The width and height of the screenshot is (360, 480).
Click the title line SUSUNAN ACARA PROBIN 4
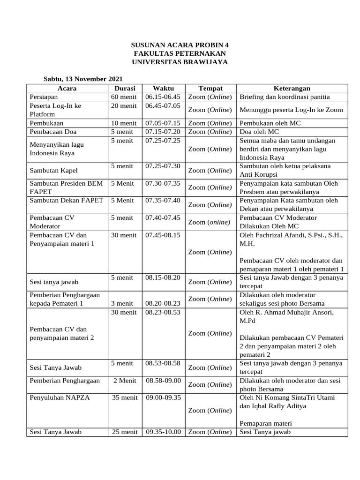180,45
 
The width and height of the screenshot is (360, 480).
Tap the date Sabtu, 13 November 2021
83,79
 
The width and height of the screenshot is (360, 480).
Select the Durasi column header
125,88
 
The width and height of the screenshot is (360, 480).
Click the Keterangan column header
292,88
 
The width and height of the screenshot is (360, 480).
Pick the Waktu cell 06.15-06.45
163,97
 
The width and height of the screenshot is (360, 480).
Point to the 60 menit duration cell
124,97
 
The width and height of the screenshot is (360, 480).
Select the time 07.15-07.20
163,132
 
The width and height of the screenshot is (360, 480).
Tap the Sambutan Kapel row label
52,170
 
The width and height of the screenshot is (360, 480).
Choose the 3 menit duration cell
124,303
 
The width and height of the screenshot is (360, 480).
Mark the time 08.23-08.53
163,312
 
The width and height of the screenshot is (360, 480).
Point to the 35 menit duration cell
125,398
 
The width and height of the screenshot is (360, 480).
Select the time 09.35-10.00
163,432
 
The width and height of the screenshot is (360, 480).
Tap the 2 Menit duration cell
125,381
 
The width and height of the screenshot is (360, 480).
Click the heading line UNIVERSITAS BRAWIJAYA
180,62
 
